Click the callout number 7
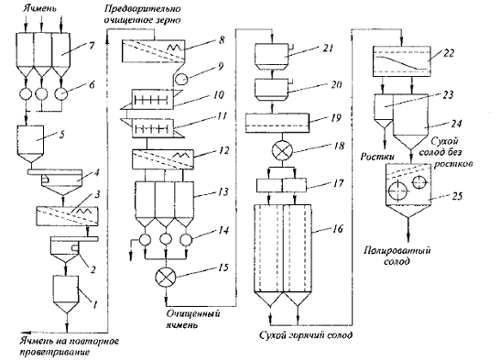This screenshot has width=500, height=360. click(x=92, y=46)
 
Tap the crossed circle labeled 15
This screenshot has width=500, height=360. click(x=166, y=277)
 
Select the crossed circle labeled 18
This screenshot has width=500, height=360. click(x=282, y=150)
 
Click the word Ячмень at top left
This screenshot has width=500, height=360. click(x=39, y=8)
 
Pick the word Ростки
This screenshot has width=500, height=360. click(x=377, y=157)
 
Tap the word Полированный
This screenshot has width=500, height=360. click(x=397, y=251)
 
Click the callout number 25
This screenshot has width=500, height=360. click(x=457, y=196)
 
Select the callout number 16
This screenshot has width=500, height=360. click(x=338, y=229)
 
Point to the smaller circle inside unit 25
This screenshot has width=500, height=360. click(x=418, y=182)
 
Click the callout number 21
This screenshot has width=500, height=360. click(x=328, y=49)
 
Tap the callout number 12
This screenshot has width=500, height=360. click(x=224, y=150)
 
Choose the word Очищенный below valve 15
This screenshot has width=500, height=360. click(x=193, y=314)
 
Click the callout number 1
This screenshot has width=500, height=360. click(x=94, y=304)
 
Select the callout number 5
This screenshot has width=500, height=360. click(x=61, y=135)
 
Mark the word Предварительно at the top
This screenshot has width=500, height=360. click(x=142, y=8)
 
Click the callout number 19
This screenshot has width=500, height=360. click(x=336, y=117)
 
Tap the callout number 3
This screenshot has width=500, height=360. click(x=97, y=194)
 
